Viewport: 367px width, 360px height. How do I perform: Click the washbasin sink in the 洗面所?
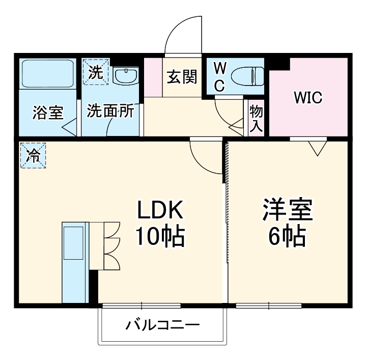click(125, 76)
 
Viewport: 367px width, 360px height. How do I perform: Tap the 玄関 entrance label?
click(182, 77)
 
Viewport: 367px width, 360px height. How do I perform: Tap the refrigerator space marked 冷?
click(33, 154)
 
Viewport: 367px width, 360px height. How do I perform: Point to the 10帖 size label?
click(159, 236)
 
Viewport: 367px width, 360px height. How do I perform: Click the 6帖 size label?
click(287, 236)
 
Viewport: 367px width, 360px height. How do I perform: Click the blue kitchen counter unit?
click(74, 262)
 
